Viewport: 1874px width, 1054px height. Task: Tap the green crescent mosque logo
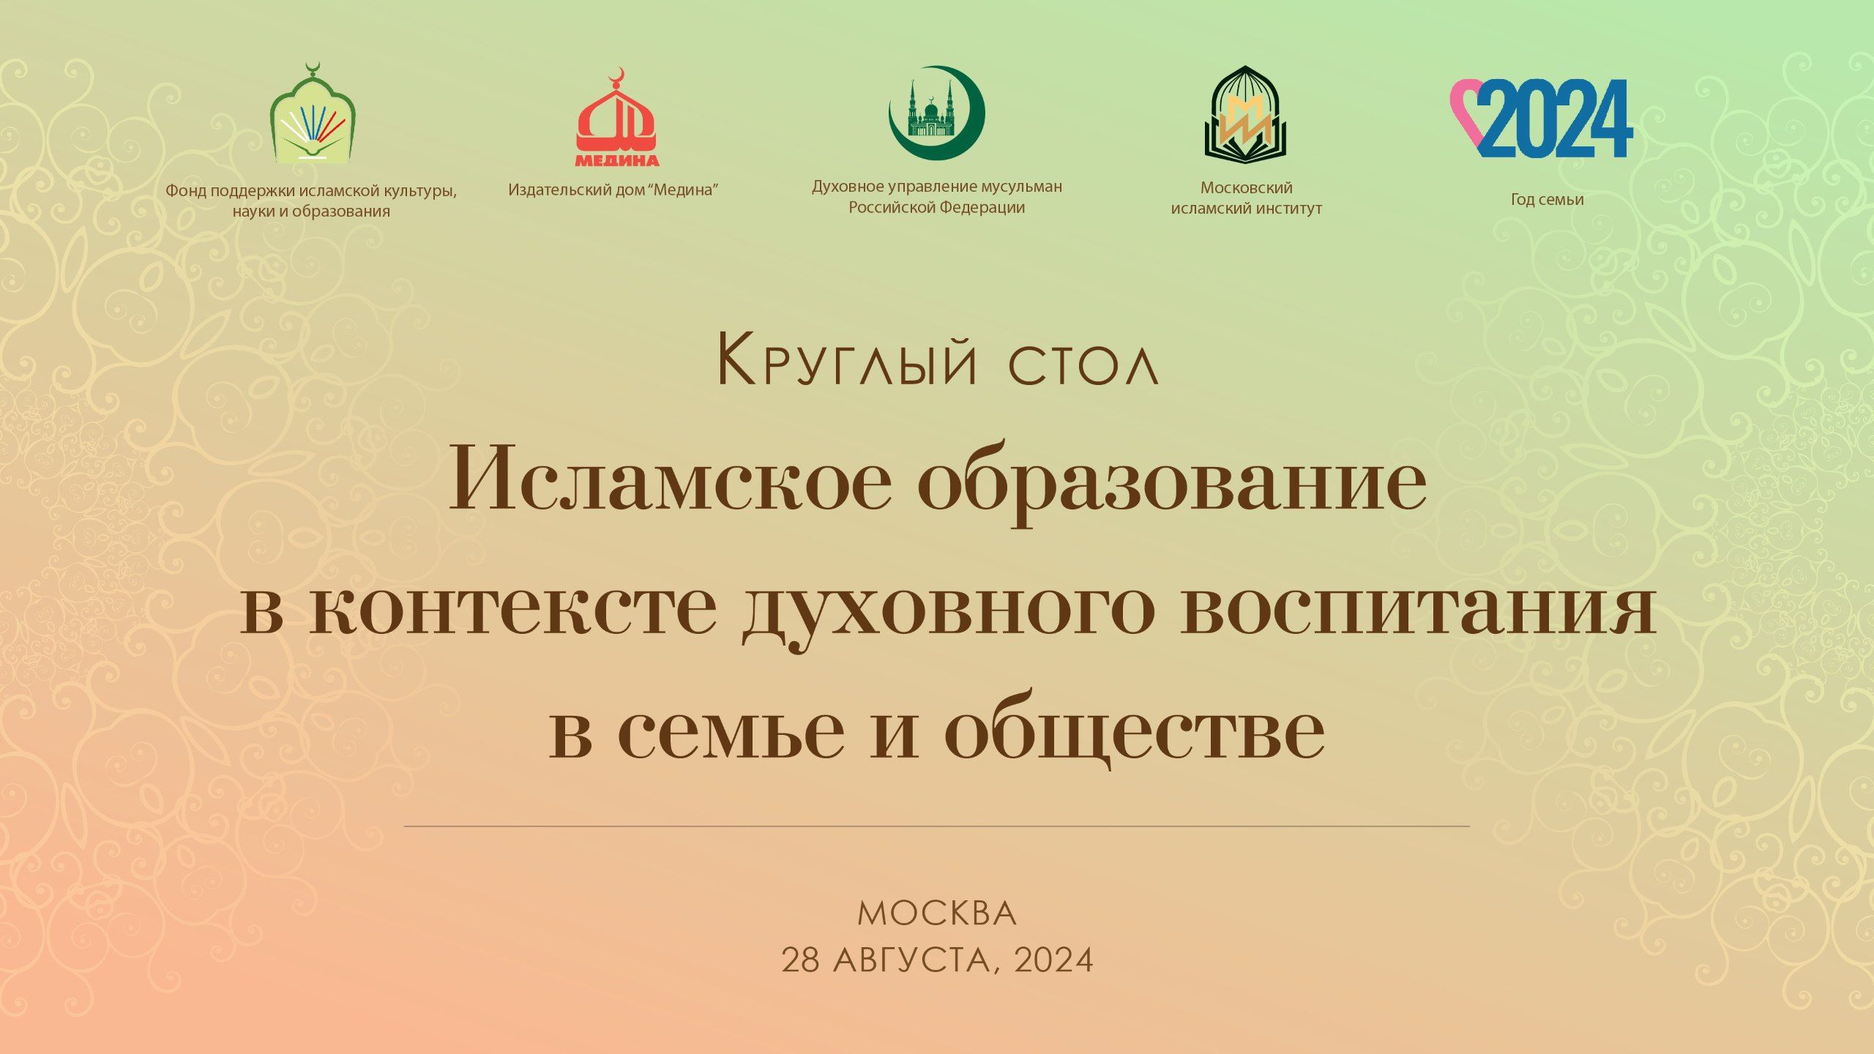click(x=937, y=113)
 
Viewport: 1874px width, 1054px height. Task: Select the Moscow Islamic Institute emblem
click(x=1246, y=114)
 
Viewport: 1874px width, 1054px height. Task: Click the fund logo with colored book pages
click(x=313, y=113)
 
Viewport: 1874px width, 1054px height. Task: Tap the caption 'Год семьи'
click(x=1548, y=199)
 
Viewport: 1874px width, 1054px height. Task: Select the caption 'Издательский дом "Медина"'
click(x=613, y=190)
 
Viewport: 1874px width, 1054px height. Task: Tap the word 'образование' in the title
click(x=1172, y=483)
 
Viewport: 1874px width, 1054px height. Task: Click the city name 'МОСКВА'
click(x=937, y=914)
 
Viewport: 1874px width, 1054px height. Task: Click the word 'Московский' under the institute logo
click(x=1246, y=188)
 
